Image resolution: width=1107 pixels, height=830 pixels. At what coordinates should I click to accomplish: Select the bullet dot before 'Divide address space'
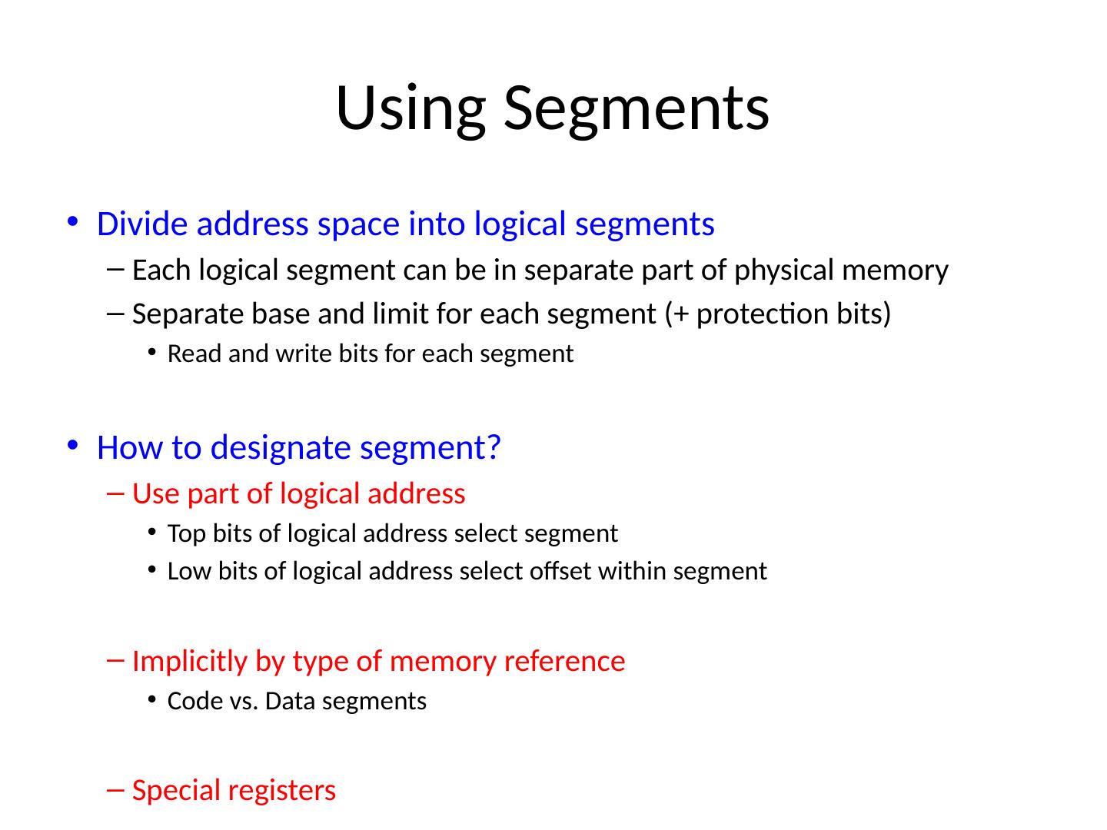pyautogui.click(x=72, y=223)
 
